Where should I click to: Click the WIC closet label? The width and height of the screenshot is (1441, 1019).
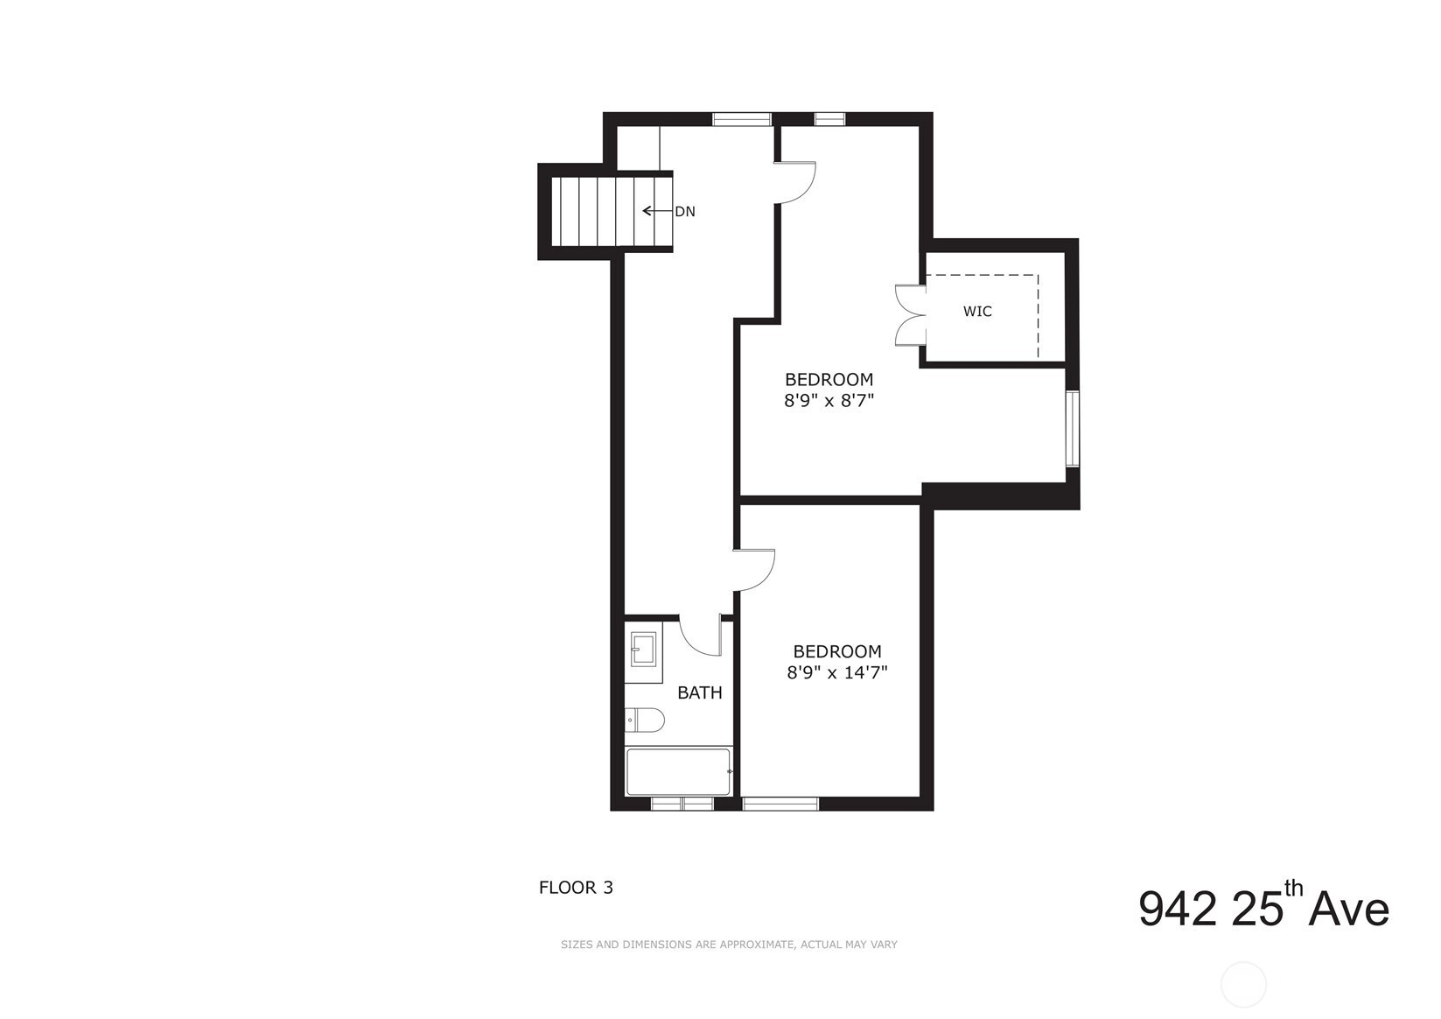(x=977, y=312)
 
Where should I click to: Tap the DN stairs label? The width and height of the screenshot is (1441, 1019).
(x=685, y=211)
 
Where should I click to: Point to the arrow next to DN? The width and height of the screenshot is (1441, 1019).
(x=655, y=211)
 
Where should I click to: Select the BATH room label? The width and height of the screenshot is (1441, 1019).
(x=700, y=693)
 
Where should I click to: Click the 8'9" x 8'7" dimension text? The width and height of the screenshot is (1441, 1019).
(x=829, y=402)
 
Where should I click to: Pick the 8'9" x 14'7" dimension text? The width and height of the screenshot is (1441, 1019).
(x=837, y=673)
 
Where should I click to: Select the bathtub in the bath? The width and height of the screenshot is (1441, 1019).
(x=679, y=771)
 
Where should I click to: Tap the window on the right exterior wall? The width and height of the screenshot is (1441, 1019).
(x=1072, y=429)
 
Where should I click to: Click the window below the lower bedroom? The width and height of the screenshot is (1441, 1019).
(x=780, y=804)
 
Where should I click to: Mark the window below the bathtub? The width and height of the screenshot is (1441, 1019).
(x=682, y=804)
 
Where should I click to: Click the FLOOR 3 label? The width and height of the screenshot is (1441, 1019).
(x=576, y=888)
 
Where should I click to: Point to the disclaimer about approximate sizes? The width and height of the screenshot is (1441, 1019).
(x=729, y=945)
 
